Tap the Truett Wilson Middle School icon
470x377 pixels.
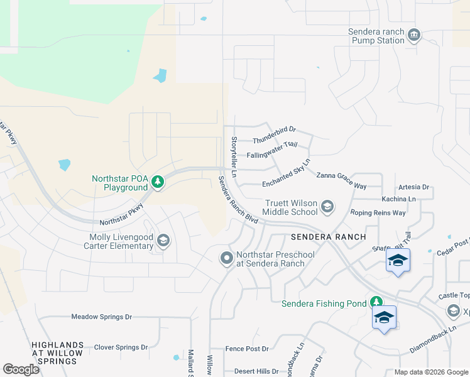(x=327, y=206)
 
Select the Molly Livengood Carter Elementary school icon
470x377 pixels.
(x=163, y=241)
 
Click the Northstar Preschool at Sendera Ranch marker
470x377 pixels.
(x=226, y=258)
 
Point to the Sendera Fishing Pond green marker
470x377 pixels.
(x=376, y=303)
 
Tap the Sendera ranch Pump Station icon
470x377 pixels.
(x=413, y=35)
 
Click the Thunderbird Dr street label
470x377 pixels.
(x=274, y=134)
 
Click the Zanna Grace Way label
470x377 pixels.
(x=341, y=181)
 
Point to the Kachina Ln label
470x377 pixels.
(x=398, y=199)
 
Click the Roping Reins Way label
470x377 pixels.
(x=378, y=213)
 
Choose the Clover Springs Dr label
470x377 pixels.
(x=121, y=347)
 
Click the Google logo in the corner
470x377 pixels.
(x=21, y=369)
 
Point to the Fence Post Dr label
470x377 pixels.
(x=247, y=349)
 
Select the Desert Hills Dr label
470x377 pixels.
(x=256, y=371)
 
